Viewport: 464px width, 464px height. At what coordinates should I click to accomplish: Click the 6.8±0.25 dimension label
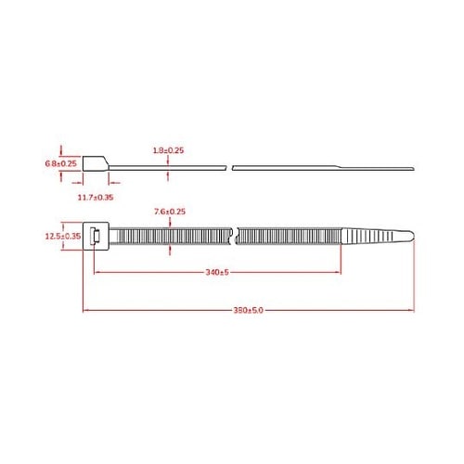coord(60,164)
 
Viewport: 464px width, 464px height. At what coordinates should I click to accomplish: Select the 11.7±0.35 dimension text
coord(96,198)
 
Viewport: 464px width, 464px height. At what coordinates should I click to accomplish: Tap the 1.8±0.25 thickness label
coord(168,150)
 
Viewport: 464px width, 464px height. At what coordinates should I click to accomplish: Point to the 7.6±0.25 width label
coord(170,212)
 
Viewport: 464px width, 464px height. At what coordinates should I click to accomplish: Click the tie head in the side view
coord(96,165)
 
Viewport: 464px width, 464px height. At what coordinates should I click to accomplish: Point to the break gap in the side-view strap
coord(229,168)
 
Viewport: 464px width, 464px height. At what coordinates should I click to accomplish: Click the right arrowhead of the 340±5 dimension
coord(340,273)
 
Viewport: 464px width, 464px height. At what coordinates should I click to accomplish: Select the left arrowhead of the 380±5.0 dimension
coord(86,310)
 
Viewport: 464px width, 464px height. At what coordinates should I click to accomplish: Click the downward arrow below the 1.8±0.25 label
coord(168,161)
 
